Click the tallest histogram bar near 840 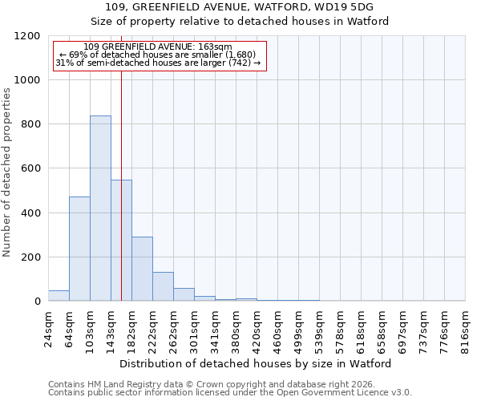coord(100,209)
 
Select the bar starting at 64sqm coord(79,249)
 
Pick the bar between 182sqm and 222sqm coord(142,269)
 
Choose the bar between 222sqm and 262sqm coord(163,286)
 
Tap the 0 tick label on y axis coord(37,302)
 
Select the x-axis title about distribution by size coord(257,363)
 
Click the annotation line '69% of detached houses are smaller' coord(158,55)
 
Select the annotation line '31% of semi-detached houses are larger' coord(158,63)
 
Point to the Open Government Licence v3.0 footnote coord(230,393)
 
